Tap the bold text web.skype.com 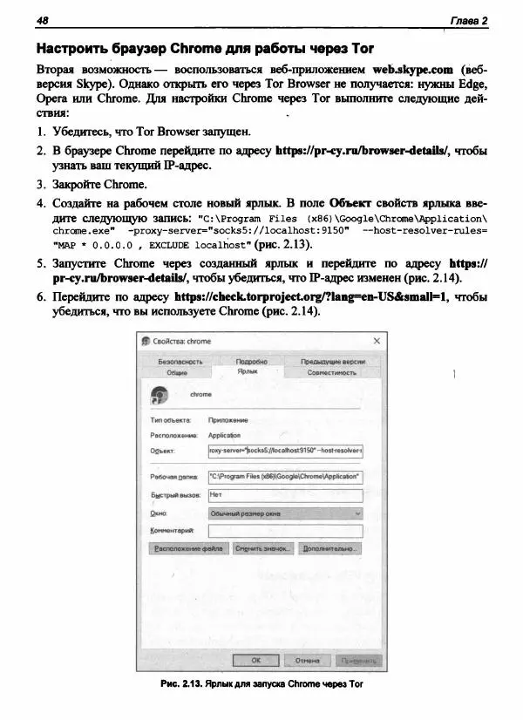click(x=412, y=67)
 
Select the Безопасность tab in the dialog click(x=180, y=361)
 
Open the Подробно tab click(x=251, y=361)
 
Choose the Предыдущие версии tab click(x=332, y=361)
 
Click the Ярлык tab click(x=248, y=371)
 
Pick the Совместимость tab click(x=332, y=372)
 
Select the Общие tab click(x=176, y=372)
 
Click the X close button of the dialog click(x=377, y=341)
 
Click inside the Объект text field click(x=285, y=451)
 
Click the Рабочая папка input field click(x=285, y=477)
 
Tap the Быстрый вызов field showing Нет click(x=285, y=495)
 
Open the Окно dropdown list click(x=285, y=513)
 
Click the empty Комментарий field click(x=285, y=530)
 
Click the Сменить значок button click(x=262, y=549)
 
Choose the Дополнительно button click(x=330, y=549)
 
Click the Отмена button click(x=307, y=660)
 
